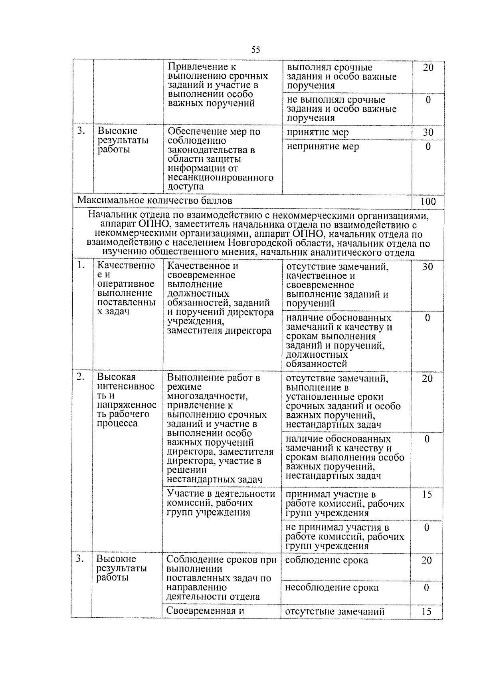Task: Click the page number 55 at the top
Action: [256, 50]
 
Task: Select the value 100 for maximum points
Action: [428, 201]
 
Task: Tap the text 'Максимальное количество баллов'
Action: [154, 200]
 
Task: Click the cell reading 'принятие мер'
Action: [318, 132]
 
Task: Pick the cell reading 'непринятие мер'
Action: [323, 147]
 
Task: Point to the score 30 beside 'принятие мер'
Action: [428, 133]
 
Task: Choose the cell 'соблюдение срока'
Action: [327, 560]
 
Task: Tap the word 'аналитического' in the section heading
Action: [346, 252]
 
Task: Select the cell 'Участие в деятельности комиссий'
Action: [221, 503]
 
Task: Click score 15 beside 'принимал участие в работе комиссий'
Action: [427, 494]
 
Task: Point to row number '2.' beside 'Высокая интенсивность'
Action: [81, 377]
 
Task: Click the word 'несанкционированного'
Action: [220, 177]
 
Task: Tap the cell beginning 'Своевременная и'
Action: [205, 611]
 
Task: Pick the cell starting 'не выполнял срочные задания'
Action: [342, 109]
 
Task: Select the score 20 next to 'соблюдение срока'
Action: [426, 560]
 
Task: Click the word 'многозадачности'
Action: [207, 396]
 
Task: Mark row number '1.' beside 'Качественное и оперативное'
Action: [81, 265]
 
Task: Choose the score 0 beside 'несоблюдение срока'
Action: [426, 587]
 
